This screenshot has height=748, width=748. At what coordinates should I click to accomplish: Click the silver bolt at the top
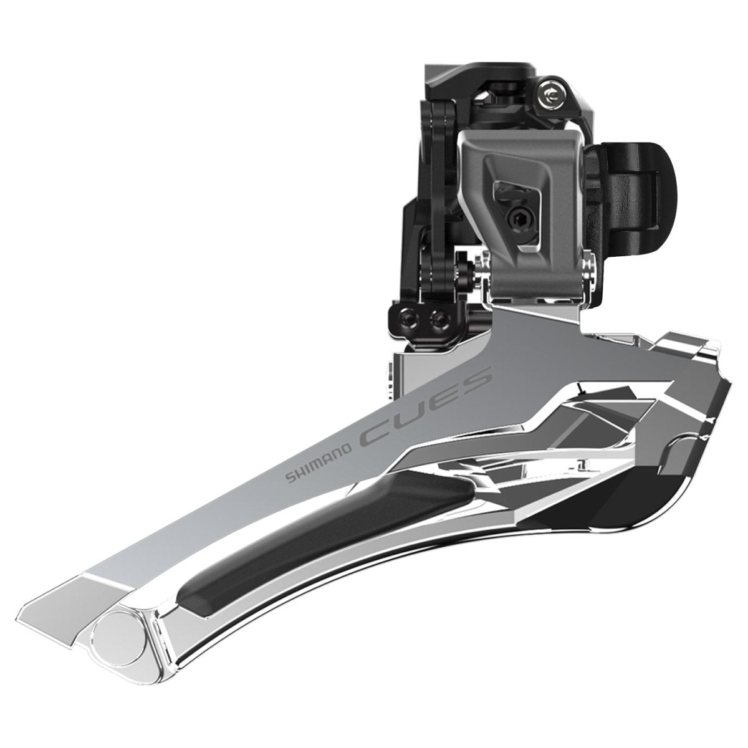(552, 95)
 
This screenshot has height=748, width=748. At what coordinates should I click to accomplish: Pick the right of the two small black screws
(435, 318)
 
